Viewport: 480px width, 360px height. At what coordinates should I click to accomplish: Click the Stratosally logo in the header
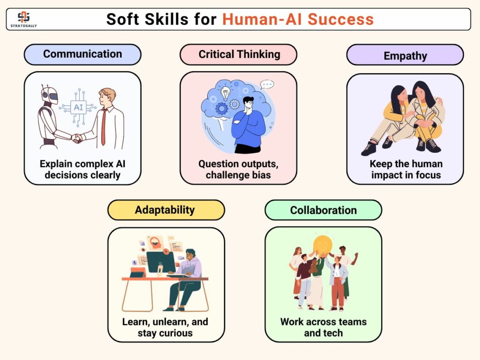[23, 19]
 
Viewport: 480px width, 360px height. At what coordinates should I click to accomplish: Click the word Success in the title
[340, 19]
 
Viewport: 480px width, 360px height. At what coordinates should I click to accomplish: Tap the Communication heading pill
[82, 54]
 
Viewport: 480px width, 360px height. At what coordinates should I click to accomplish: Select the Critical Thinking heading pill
[239, 54]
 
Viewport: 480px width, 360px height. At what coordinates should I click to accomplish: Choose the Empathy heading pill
[405, 55]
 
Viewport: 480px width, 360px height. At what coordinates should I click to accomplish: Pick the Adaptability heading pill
[166, 210]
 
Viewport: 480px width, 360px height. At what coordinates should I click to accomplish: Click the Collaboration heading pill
[323, 210]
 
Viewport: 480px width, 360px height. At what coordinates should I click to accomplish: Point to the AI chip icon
[78, 107]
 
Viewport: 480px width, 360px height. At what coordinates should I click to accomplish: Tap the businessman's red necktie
[104, 127]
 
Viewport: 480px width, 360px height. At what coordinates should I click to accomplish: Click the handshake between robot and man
[76, 138]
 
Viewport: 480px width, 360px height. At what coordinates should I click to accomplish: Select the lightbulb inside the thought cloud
[225, 93]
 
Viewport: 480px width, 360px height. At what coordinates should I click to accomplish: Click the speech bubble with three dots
[267, 84]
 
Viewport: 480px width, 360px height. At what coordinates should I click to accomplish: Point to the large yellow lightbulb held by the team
[322, 245]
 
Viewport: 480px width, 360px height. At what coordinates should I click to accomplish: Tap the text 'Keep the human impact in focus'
[406, 169]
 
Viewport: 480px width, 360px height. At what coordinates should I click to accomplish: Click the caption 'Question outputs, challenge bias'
[238, 169]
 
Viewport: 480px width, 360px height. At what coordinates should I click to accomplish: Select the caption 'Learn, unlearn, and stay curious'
[165, 327]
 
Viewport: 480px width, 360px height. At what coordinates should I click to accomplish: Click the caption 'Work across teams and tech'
[323, 327]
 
